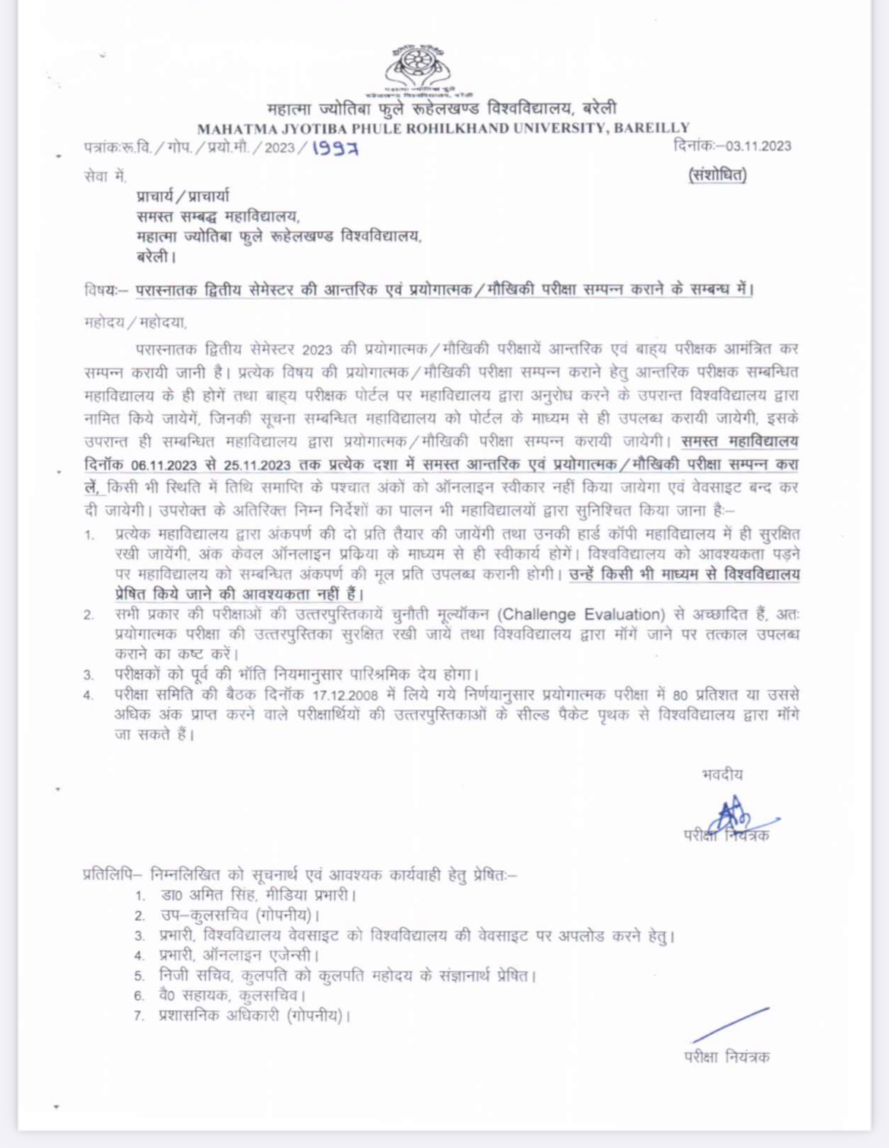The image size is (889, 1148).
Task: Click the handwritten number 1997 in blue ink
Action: coord(335,148)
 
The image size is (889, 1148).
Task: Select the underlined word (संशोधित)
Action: coord(717,175)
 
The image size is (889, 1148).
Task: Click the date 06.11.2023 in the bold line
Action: coord(163,465)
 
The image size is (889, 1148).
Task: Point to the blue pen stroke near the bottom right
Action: coord(730,1025)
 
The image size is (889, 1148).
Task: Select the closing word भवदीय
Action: coord(723,774)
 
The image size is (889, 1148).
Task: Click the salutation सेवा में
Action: coord(105,176)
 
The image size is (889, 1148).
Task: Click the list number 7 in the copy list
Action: coord(139,1016)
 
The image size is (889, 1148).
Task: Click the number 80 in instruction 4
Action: coord(680,695)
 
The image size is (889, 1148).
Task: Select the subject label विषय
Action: coord(102,290)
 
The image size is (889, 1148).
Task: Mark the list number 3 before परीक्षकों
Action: coord(89,675)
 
